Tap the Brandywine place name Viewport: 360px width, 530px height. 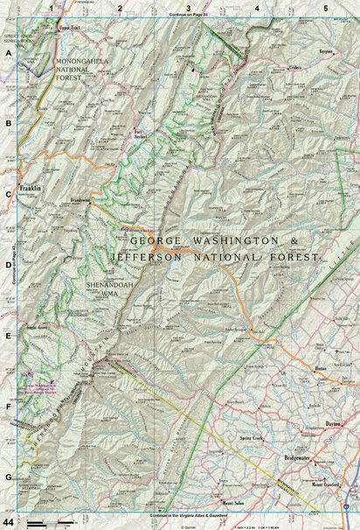point(80,200)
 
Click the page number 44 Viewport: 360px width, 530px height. point(10,521)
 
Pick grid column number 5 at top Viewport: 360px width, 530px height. point(325,8)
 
